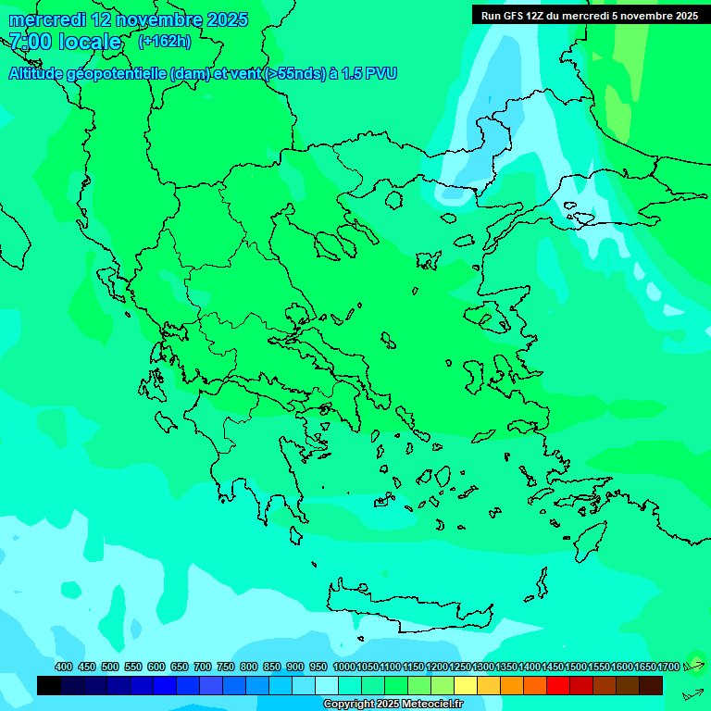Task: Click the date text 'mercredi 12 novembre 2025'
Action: [x=128, y=19]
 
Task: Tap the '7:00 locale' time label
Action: [x=65, y=42]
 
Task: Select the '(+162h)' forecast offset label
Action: [x=165, y=42]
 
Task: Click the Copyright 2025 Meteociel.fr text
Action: [x=393, y=705]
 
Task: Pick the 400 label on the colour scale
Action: [x=63, y=667]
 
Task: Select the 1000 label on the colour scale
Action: [x=344, y=667]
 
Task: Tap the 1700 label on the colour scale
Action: [x=668, y=667]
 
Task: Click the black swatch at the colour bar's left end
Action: [x=49, y=686]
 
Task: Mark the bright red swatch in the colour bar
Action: [x=558, y=686]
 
